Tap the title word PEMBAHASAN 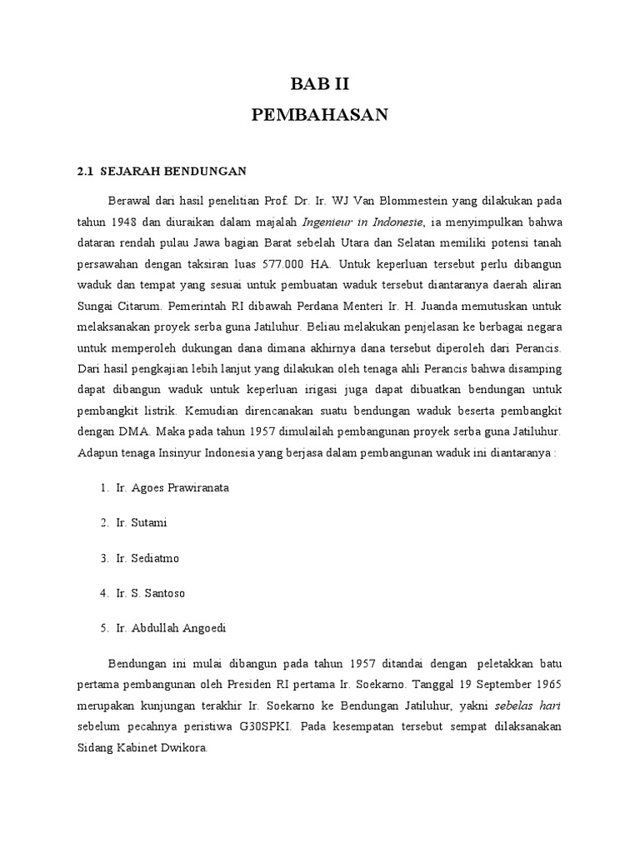(320, 116)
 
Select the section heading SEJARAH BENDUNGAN (173, 171)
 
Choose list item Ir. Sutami (141, 522)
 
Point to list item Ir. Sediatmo (147, 557)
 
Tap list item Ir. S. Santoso (151, 593)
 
